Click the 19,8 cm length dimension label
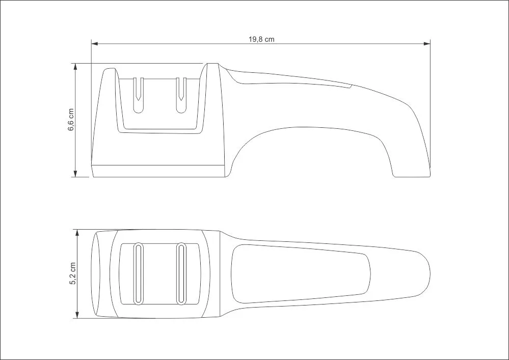click(x=261, y=39)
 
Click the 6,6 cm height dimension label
click(x=71, y=119)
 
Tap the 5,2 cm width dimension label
click(x=73, y=273)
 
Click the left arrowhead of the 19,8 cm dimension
click(x=94, y=43)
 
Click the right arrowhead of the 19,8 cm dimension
click(x=427, y=43)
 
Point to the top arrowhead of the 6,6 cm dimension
click(x=75, y=67)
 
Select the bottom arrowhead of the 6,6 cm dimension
click(x=75, y=174)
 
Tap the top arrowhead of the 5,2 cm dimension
click(x=77, y=233)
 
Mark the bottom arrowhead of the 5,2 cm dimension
click(x=77, y=315)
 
